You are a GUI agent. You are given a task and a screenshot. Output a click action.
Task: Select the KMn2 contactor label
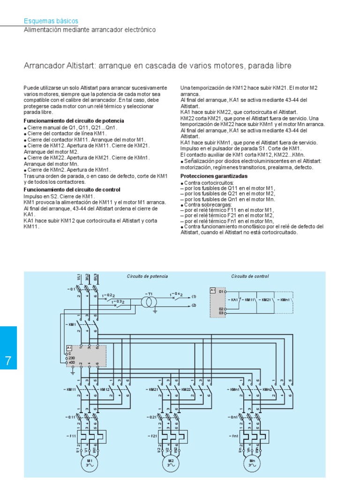[x=268, y=390]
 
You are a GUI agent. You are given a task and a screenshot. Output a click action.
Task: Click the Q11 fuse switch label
[x=69, y=417]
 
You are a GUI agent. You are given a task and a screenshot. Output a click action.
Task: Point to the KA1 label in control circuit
[x=232, y=299]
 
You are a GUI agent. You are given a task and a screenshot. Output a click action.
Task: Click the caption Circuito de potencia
[x=147, y=277]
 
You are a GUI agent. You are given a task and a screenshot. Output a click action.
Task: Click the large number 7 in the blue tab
[x=8, y=361]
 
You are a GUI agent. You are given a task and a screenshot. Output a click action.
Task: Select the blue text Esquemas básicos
[x=51, y=21]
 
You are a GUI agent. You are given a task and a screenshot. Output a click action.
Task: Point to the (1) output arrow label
[x=194, y=297]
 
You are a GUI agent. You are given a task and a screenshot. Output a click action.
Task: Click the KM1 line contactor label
[x=72, y=324]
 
